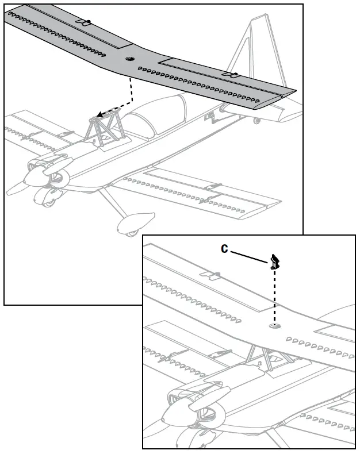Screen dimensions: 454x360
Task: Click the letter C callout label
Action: pyautogui.click(x=225, y=249)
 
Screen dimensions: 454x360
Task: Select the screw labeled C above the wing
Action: pyautogui.click(x=275, y=262)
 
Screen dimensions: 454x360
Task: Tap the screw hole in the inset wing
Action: pyautogui.click(x=274, y=326)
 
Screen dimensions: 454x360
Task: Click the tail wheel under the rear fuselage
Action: pyautogui.click(x=256, y=121)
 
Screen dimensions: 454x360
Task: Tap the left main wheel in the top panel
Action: pyautogui.click(x=46, y=198)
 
